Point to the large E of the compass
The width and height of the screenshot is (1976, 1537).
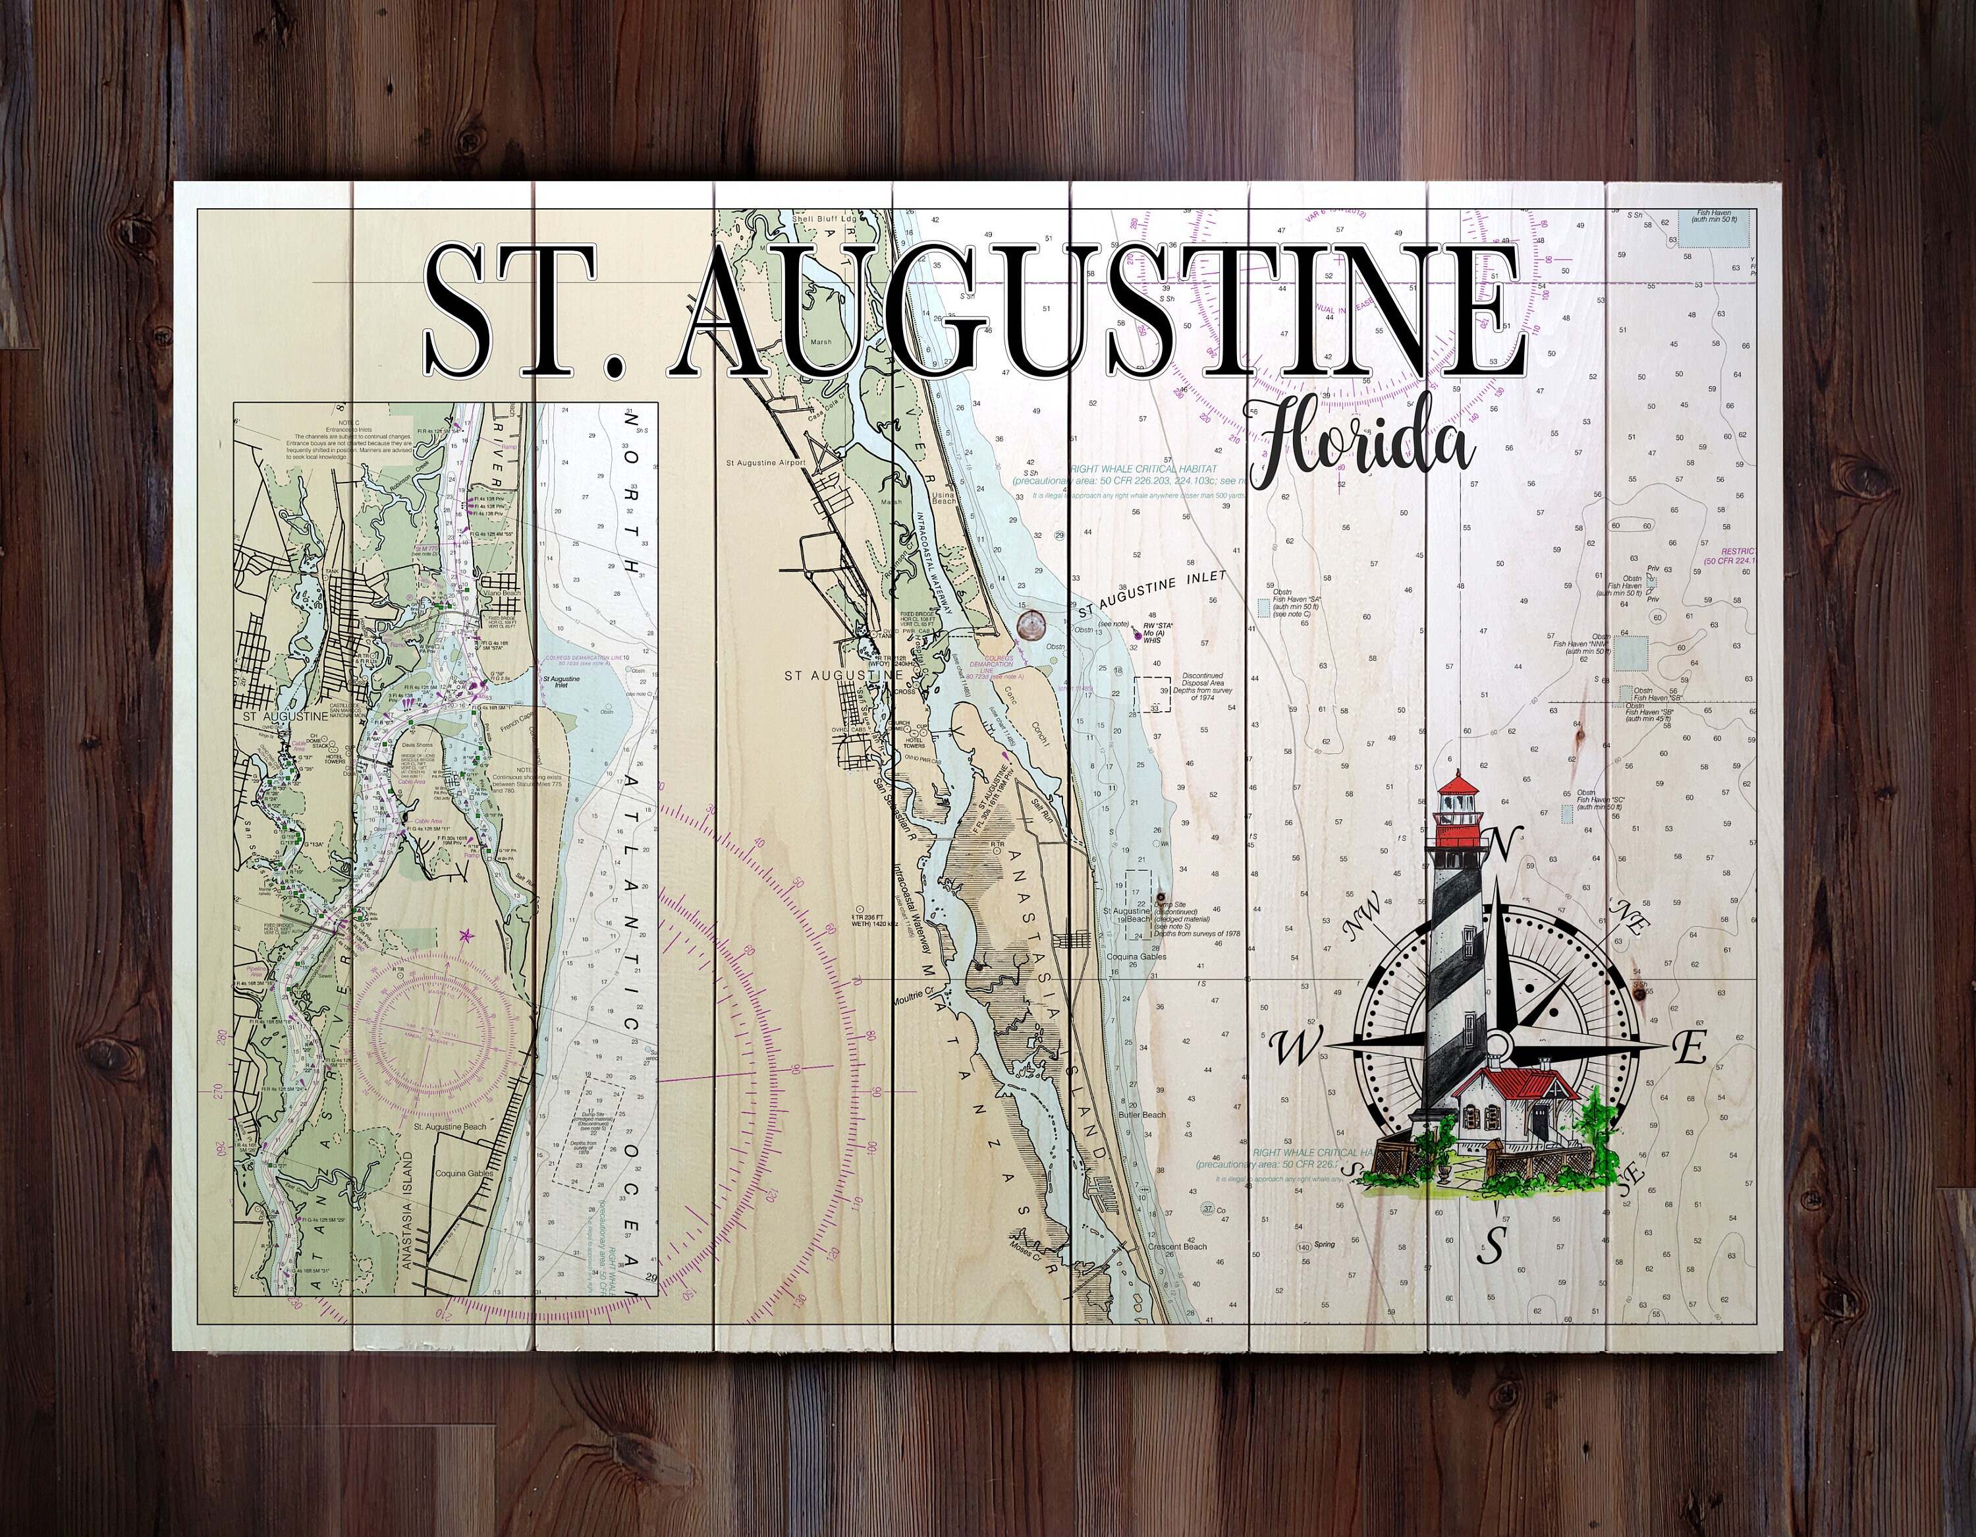[x=1688, y=1048]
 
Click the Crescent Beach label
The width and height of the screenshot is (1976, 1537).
[x=1177, y=1246]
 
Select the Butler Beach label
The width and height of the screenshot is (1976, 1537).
[x=1142, y=1115]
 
